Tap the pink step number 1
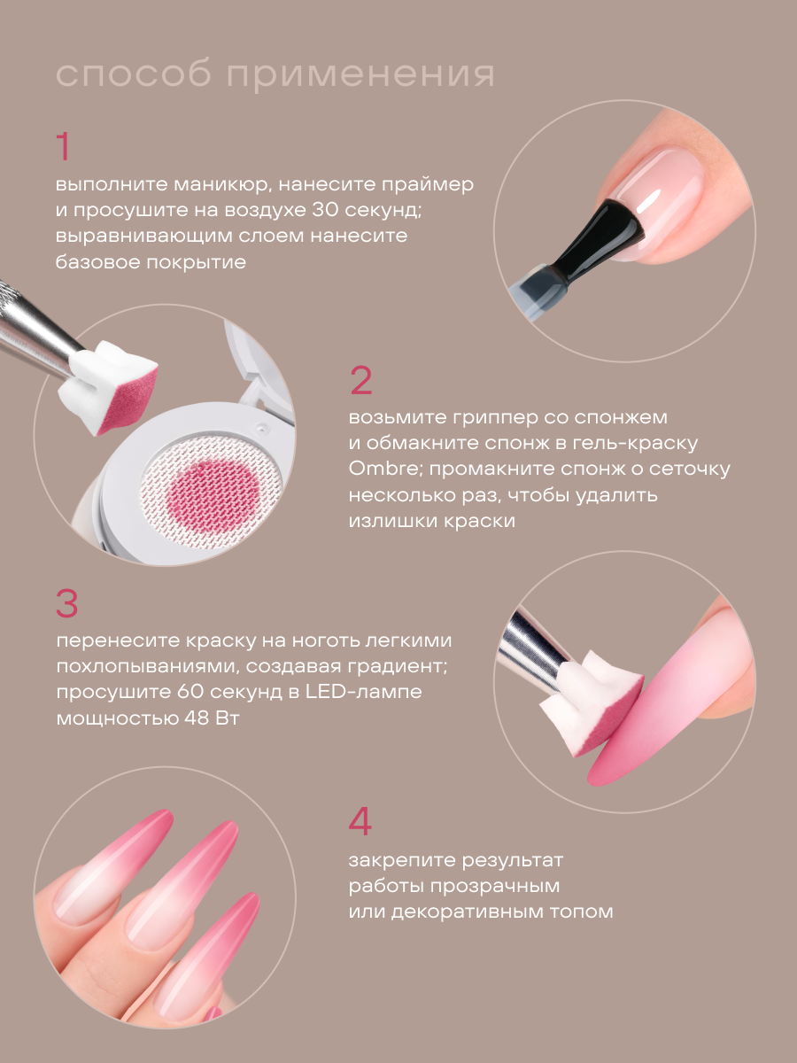tap(64, 147)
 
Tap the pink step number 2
tap(360, 381)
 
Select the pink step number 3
tap(67, 603)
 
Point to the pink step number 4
tap(360, 821)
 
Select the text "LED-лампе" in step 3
tap(363, 692)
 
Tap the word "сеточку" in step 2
tap(688, 469)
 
